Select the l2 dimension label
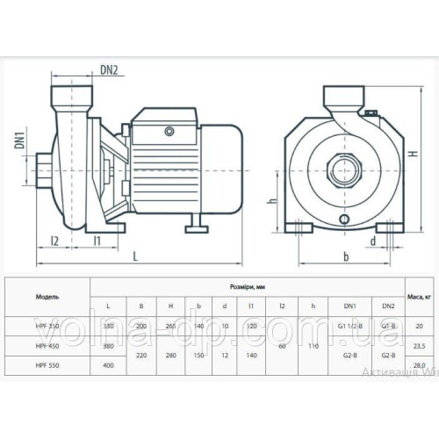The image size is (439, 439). [54, 239]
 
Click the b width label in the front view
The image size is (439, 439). [347, 255]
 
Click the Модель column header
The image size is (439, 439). [47, 299]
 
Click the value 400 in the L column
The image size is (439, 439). [110, 363]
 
